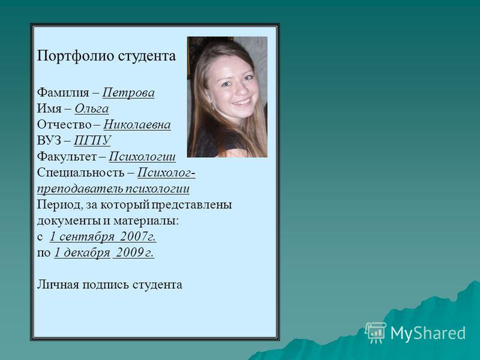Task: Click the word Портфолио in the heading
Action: click(76, 56)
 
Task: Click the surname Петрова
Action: click(128, 92)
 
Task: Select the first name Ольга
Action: click(92, 109)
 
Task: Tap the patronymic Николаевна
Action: click(137, 125)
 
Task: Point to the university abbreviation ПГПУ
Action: click(92, 140)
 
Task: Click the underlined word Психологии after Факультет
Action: click(142, 157)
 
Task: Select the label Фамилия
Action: click(63, 92)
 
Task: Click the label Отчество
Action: click(64, 125)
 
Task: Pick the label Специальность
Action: click(81, 173)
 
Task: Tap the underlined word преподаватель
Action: click(81, 188)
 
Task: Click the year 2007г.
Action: click(138, 236)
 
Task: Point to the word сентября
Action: click(87, 236)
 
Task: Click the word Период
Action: click(57, 205)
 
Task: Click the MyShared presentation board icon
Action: click(376, 332)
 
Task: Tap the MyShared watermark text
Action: click(428, 333)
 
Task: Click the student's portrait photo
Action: click(227, 97)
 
